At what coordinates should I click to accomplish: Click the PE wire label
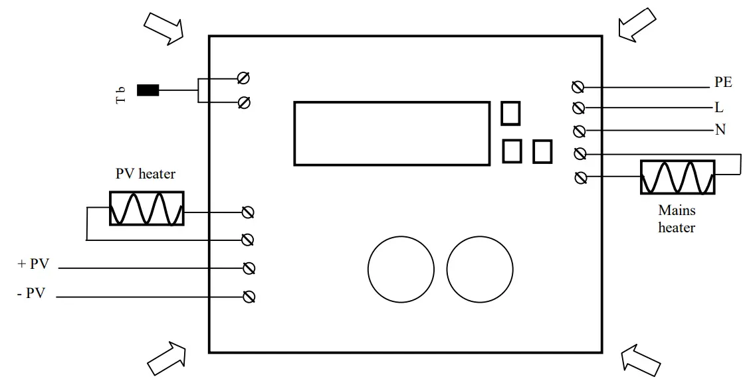[723, 83]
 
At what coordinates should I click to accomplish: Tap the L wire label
[719, 107]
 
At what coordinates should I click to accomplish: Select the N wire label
[720, 129]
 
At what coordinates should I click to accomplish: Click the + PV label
[33, 264]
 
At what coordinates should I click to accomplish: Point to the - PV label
[31, 293]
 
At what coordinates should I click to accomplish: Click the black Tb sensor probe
[148, 90]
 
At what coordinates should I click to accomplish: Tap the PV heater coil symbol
[147, 208]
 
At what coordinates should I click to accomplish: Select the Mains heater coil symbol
[677, 177]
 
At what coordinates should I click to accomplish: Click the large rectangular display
[391, 133]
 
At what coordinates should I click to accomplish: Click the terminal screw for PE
[578, 87]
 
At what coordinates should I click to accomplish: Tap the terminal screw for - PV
[249, 297]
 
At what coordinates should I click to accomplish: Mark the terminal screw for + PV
[249, 268]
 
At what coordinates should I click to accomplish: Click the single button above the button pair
[510, 113]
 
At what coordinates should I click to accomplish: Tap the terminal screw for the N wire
[578, 130]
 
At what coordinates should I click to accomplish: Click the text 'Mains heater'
[677, 219]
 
